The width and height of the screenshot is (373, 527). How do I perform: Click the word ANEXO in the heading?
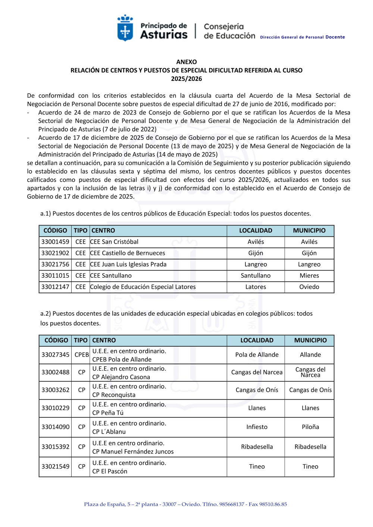(186, 62)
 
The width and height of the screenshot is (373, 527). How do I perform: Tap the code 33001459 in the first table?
(55, 242)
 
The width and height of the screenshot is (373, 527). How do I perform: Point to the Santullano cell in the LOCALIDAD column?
(256, 276)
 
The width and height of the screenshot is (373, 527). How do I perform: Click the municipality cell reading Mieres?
(309, 276)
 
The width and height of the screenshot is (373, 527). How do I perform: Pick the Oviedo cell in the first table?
(309, 287)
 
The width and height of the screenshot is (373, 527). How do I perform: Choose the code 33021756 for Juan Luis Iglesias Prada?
(55, 264)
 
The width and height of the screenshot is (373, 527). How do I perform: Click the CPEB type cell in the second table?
(82, 355)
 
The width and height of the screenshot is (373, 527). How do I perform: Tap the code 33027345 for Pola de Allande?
(55, 355)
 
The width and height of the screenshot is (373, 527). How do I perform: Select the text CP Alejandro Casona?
(121, 377)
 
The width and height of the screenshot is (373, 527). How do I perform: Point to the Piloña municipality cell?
(310, 427)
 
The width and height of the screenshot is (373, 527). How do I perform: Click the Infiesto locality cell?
(257, 427)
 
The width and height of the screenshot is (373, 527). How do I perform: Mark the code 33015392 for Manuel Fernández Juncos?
(55, 447)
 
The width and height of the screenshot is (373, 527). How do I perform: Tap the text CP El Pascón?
(110, 471)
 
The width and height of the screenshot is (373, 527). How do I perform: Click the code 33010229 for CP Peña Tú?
(55, 408)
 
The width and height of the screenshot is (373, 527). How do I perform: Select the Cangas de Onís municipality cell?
(310, 390)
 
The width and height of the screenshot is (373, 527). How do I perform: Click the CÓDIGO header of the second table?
(56, 340)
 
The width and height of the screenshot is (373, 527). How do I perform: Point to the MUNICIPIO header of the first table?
(309, 231)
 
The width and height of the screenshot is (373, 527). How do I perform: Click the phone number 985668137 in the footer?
(232, 504)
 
